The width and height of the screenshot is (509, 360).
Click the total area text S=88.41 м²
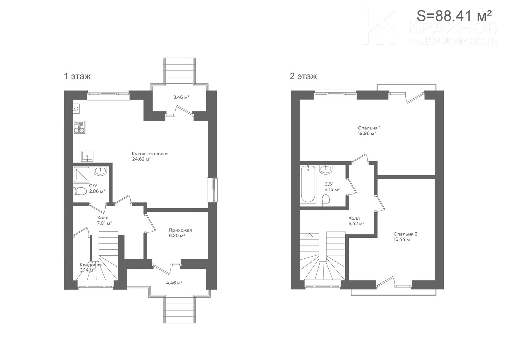pyautogui.click(x=454, y=16)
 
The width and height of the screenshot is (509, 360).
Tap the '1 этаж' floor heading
pyautogui.click(x=77, y=76)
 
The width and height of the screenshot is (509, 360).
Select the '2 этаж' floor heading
pyautogui.click(x=303, y=76)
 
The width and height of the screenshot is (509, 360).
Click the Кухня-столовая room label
pyautogui.click(x=150, y=154)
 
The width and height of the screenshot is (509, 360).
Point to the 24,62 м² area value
pyautogui.click(x=141, y=159)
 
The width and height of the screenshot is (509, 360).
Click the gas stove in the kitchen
pyautogui.click(x=80, y=127)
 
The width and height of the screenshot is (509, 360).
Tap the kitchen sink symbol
pyautogui.click(x=87, y=156)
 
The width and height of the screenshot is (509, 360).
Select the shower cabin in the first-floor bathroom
pyautogui.click(x=81, y=175)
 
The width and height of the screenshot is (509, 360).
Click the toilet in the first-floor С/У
pyautogui.click(x=80, y=191)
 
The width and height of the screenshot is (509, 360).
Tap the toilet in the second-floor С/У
pyautogui.click(x=326, y=201)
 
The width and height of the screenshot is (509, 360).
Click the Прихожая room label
pyautogui.click(x=180, y=230)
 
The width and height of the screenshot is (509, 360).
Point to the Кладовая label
pyautogui.click(x=90, y=265)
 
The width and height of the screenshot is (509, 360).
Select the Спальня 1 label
pyautogui.click(x=369, y=128)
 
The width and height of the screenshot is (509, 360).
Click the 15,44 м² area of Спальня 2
pyautogui.click(x=402, y=239)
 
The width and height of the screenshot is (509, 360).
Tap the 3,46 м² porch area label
pyautogui.click(x=181, y=97)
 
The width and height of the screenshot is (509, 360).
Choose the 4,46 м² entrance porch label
pyautogui.click(x=174, y=283)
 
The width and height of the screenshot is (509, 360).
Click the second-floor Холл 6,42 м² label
pyautogui.click(x=356, y=221)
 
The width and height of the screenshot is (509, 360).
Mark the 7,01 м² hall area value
pyautogui.click(x=105, y=223)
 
